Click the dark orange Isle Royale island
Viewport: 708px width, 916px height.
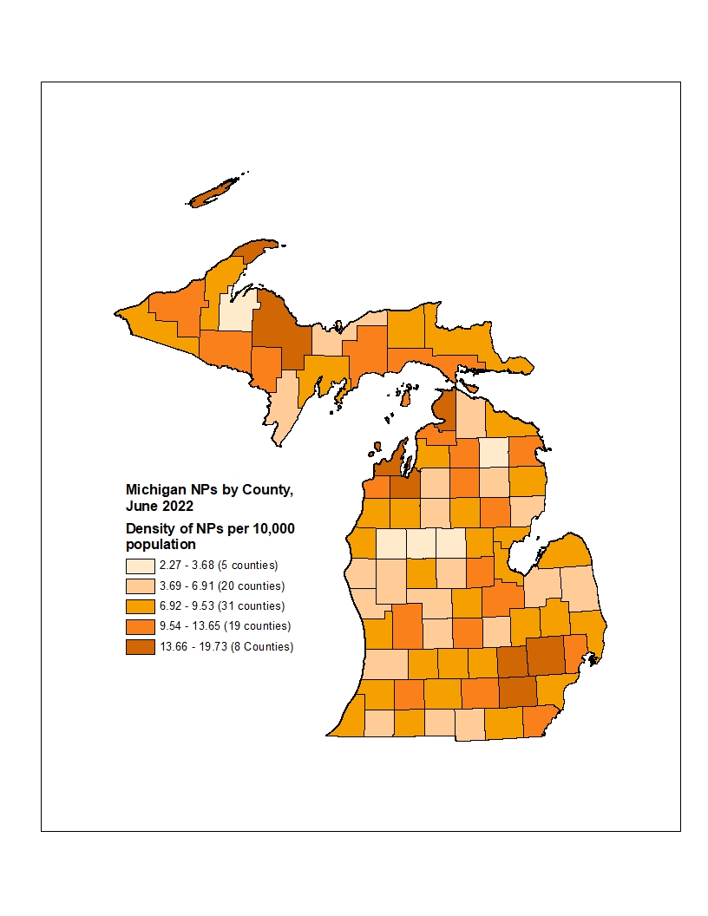tap(213, 193)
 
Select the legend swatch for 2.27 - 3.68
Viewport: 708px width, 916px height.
tap(141, 566)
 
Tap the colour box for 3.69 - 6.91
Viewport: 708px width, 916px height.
tap(141, 586)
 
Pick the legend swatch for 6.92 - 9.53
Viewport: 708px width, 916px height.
tap(141, 606)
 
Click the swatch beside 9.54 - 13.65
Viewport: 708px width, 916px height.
tap(141, 626)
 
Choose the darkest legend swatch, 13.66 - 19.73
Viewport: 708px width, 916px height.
tap(141, 647)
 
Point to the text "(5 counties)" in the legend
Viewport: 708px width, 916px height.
tap(247, 566)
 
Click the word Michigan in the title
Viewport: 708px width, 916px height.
tap(155, 490)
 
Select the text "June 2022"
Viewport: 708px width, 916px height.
tap(159, 506)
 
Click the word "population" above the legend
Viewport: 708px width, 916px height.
tap(161, 545)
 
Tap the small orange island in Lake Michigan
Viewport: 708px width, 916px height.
tap(404, 397)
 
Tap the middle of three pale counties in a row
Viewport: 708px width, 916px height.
tap(422, 545)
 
